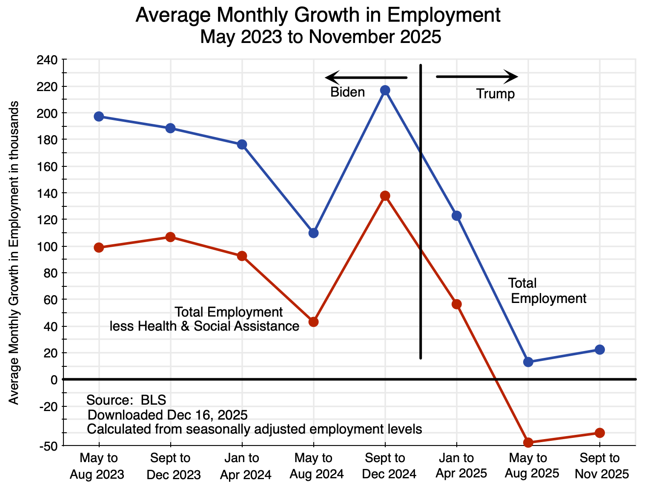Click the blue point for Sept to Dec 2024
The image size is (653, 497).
click(385, 90)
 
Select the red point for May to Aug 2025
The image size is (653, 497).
click(528, 443)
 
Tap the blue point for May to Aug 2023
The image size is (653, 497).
click(99, 117)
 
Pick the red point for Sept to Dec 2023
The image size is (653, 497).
click(170, 237)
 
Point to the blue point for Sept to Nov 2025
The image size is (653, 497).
click(600, 350)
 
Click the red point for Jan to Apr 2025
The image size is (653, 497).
click(457, 304)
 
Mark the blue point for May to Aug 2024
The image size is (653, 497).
click(314, 233)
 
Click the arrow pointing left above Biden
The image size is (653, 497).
click(366, 78)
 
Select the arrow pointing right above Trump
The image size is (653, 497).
click(477, 77)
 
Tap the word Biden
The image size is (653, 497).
click(348, 92)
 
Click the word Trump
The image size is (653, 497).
click(495, 94)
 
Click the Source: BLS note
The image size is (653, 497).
click(126, 400)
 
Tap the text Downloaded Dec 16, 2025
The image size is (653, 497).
click(167, 415)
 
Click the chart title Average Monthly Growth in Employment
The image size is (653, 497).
click(318, 16)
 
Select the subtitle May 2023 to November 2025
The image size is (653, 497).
click(321, 37)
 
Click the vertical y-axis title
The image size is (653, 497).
click(14, 253)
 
